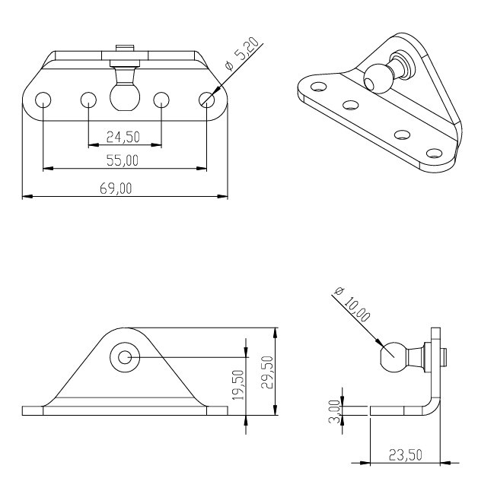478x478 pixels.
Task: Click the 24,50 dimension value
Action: [123, 137]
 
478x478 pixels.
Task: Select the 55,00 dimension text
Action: [123, 160]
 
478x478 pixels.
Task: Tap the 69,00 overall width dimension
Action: [116, 188]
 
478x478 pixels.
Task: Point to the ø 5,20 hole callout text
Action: [242, 54]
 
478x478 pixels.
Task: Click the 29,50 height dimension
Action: [267, 372]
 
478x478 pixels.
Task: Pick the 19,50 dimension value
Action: [238, 385]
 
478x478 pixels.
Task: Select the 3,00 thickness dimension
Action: [334, 412]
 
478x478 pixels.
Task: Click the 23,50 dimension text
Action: [406, 455]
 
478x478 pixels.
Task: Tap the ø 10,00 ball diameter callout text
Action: [352, 304]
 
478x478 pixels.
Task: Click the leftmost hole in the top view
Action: [43, 100]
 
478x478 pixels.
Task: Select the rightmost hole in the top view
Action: [206, 100]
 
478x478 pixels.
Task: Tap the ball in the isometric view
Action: [377, 78]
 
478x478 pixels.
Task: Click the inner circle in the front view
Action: [125, 357]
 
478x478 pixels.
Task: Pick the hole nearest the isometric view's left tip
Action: [319, 87]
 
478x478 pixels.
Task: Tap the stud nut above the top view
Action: [125, 48]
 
